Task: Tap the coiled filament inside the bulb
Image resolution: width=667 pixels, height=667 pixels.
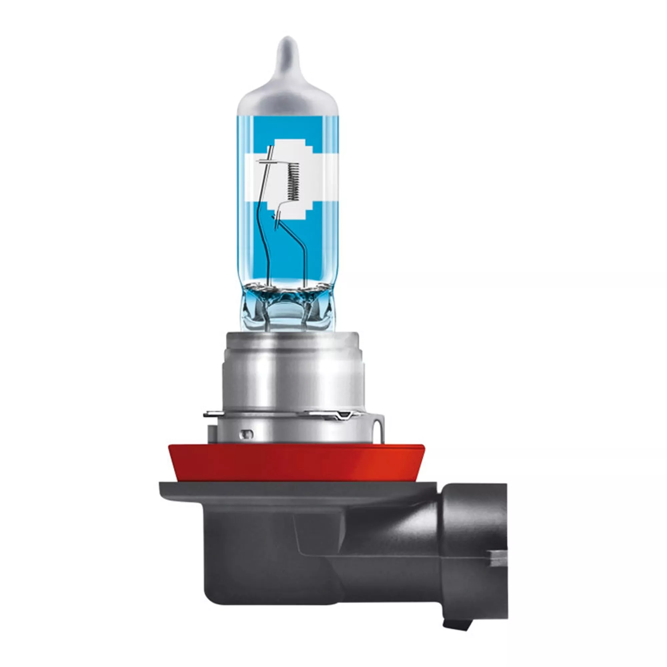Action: point(293,182)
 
